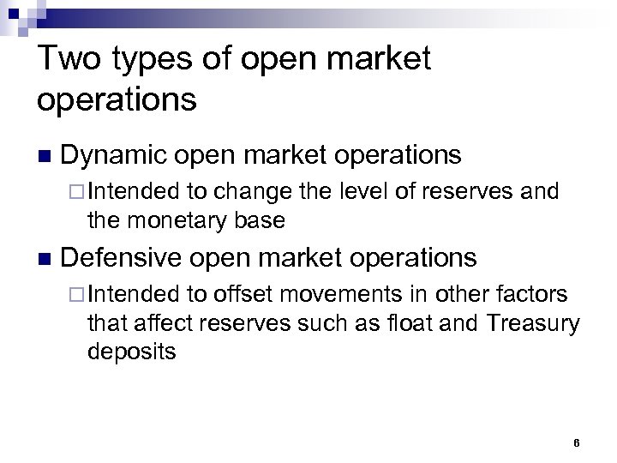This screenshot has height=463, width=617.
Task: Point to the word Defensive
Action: (x=122, y=257)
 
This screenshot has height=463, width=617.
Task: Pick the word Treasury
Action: (x=533, y=323)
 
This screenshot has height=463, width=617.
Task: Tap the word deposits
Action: (x=131, y=352)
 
